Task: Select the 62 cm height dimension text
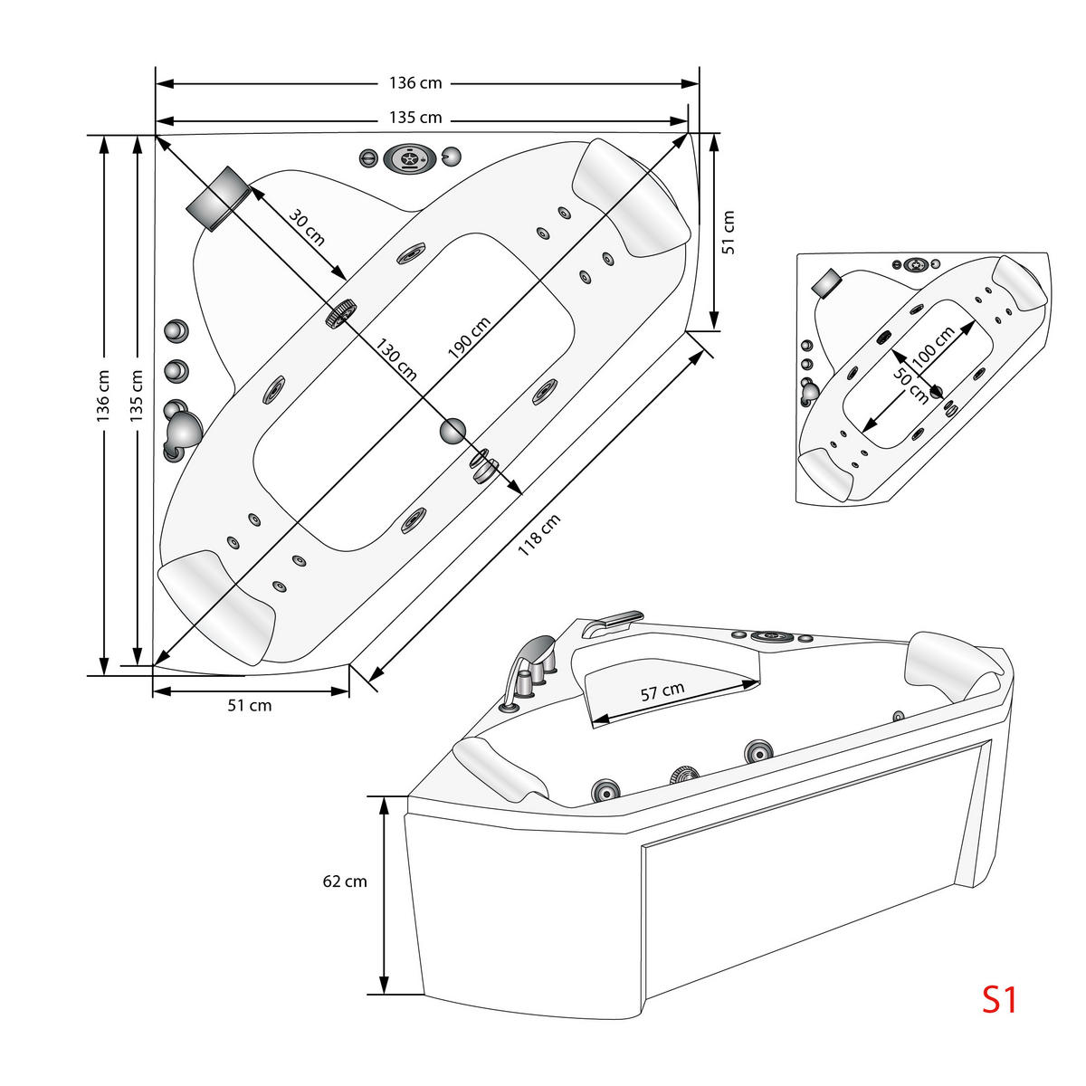[345, 881]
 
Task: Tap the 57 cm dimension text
[662, 691]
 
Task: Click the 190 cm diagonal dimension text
[469, 338]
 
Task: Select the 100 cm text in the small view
[932, 347]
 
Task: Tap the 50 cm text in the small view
[911, 384]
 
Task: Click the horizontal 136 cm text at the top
[415, 83]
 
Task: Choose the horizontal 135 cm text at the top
[415, 118]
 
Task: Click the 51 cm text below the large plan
[249, 705]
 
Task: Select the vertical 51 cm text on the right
[729, 232]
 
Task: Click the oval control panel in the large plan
[408, 158]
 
